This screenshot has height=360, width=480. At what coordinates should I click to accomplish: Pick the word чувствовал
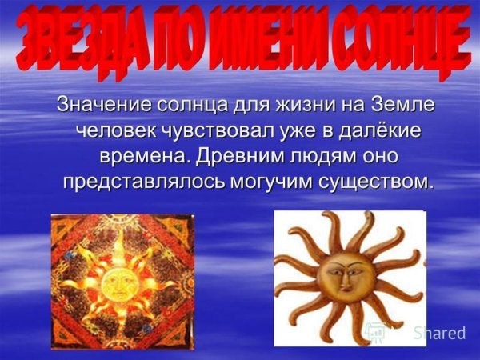[220, 130]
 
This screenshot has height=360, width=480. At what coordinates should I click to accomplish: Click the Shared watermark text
[438, 334]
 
